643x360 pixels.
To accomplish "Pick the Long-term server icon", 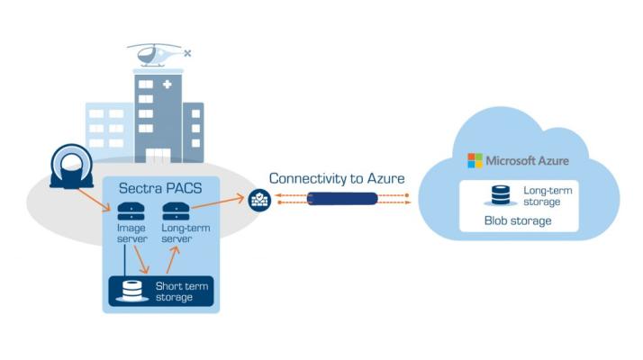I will click(174, 211).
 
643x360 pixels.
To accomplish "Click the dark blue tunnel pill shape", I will click(340, 200).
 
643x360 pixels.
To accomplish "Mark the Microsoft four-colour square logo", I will click(475, 160).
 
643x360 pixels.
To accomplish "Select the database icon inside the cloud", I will click(501, 195).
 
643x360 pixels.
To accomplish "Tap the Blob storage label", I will click(518, 220).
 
